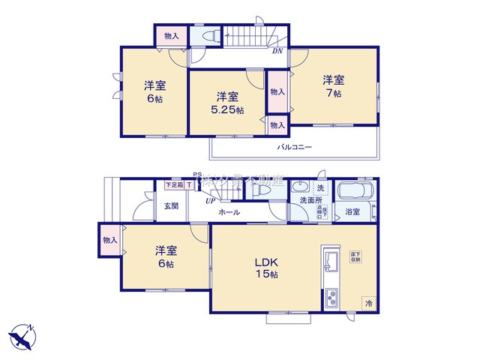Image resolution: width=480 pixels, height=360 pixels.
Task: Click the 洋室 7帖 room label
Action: pos(334,86)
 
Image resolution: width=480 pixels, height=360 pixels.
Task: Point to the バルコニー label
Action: pos(294,148)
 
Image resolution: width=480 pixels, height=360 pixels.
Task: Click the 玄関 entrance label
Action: pos(171,205)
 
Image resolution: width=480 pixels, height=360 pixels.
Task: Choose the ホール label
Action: pos(229,212)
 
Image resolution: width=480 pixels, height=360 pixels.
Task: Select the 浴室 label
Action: pos(352,212)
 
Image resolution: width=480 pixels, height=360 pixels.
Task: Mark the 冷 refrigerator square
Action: pos(367,304)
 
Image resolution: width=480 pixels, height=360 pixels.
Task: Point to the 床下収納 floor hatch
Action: pos(355,256)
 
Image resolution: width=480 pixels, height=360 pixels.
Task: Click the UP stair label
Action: pos(211,201)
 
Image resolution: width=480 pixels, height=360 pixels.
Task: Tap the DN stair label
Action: pos(277,52)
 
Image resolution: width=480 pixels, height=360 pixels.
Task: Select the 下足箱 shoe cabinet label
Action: pos(174,184)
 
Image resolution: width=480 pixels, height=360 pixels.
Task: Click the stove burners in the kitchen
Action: pos(331,299)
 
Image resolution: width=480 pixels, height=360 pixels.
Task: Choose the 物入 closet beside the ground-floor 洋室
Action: pos(109,240)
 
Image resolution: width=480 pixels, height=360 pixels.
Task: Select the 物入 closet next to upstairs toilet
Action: pos(172,35)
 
